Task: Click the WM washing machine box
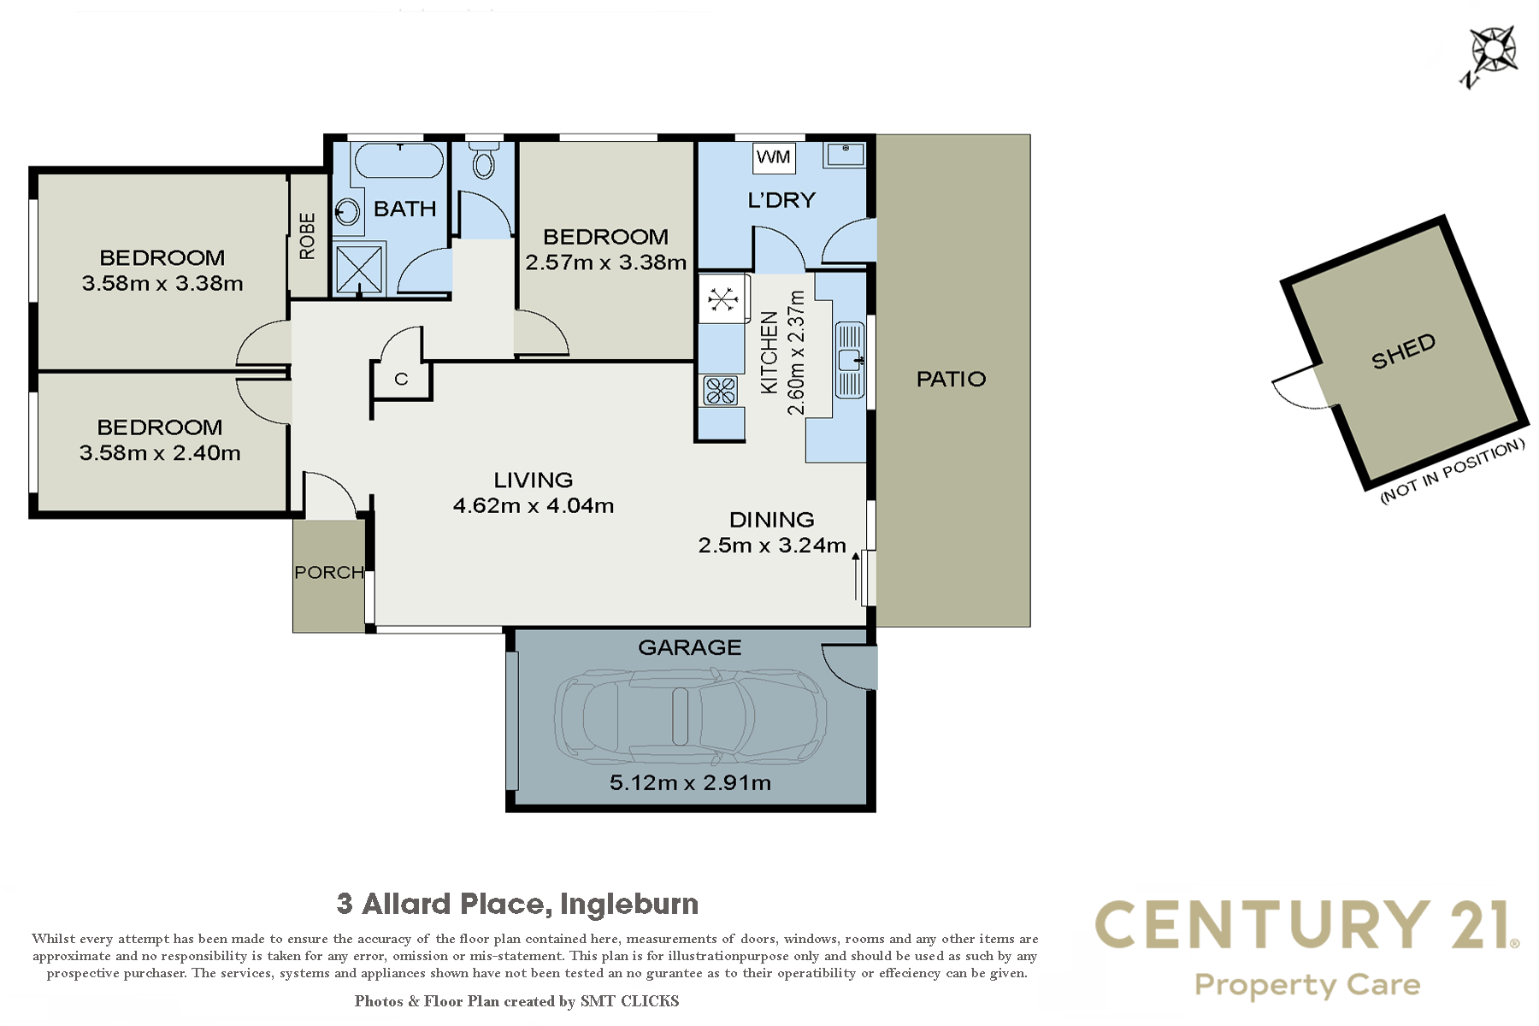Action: point(774,157)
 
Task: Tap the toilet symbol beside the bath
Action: point(484,160)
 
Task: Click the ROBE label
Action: point(308,236)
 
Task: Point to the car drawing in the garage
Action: point(690,716)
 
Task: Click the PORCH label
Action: point(329,572)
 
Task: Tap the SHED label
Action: point(1403,351)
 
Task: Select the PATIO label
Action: point(951,379)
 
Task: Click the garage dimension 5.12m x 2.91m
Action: point(690,782)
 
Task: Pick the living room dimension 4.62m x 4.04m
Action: point(534,505)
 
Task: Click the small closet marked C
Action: point(401,379)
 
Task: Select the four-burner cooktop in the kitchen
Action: point(721,391)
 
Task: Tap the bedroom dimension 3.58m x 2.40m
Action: point(160,453)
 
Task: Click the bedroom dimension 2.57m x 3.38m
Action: point(605,262)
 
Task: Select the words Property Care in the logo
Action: point(1307,986)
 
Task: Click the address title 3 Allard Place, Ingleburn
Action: point(517,904)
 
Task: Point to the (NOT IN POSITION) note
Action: point(1453,471)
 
